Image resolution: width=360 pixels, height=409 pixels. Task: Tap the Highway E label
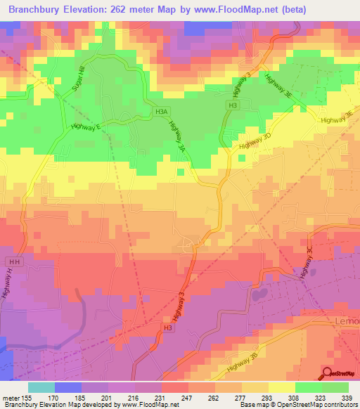(86, 126)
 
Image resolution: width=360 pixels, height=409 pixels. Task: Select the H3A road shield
(162, 111)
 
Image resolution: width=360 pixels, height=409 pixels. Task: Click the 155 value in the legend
(28, 398)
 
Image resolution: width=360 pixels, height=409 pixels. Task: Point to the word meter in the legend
(10, 398)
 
